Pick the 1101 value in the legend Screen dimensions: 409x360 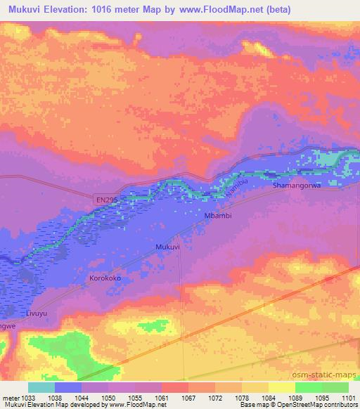point(348,398)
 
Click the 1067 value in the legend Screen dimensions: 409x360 point(188,398)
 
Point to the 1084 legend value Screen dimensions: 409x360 point(268,398)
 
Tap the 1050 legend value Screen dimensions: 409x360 point(108,398)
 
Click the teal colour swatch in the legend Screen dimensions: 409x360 point(41,387)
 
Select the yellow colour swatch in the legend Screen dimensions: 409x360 point(281,387)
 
